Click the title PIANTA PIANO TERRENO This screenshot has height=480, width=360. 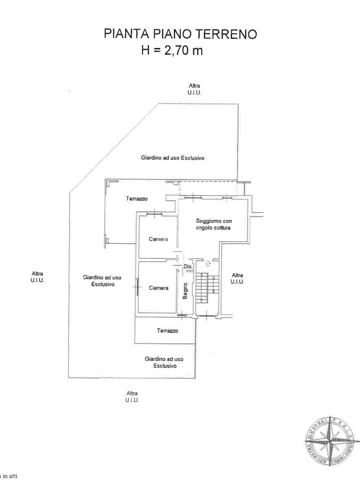coord(180,34)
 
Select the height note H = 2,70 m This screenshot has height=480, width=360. coord(172,50)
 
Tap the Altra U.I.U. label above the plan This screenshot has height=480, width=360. coord(194,89)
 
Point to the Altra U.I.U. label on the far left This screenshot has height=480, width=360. coord(37,277)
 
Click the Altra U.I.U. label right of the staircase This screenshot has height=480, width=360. coord(238,278)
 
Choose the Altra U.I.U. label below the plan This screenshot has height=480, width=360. coord(132,397)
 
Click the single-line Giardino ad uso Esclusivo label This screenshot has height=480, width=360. coord(172,158)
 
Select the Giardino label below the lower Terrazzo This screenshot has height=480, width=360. coord(164,362)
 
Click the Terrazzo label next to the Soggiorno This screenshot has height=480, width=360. coord(137,199)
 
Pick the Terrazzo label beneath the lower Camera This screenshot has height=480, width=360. coord(167,330)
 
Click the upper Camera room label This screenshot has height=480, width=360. coord(158,239)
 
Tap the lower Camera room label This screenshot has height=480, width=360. coord(158,288)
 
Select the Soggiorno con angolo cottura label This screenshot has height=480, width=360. coord(214,224)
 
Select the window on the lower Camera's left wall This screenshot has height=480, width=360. coord(137,286)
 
